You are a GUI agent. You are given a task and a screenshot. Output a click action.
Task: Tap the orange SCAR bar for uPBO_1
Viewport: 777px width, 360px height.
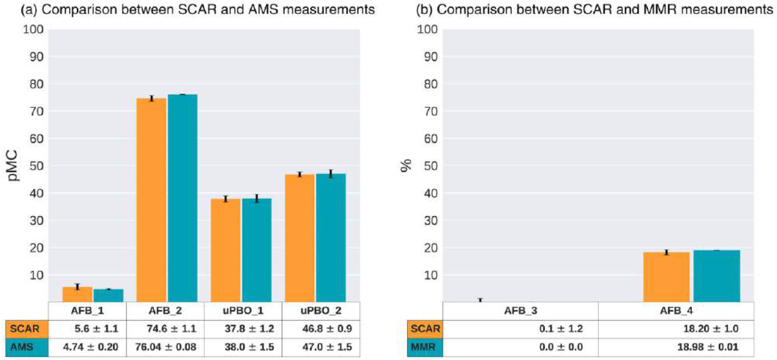coord(225,250)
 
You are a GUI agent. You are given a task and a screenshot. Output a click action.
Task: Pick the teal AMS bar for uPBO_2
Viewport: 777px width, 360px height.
coord(331,237)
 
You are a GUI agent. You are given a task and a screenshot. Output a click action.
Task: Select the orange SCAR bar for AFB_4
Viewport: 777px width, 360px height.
coord(666,276)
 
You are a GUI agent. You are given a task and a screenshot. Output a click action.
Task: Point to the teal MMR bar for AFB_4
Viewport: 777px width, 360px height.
coord(717,275)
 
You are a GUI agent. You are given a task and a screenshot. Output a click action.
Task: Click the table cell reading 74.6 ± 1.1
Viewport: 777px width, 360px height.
coord(165,330)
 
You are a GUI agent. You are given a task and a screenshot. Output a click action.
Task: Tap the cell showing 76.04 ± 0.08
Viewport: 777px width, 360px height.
coord(165,348)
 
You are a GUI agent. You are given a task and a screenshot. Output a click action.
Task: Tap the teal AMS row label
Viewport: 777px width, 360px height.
coord(27,348)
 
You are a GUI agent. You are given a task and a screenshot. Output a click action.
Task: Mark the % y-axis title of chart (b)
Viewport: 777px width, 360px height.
coord(407,166)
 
